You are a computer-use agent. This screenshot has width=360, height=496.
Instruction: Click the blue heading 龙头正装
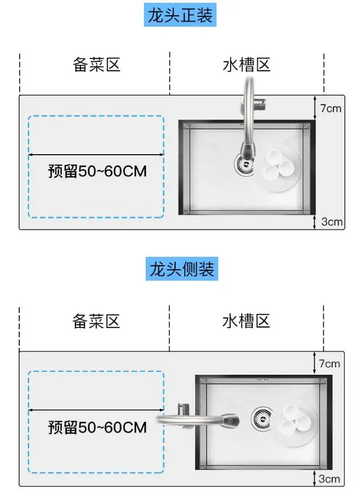(180, 15)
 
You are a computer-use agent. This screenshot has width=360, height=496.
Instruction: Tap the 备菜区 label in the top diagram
(97, 64)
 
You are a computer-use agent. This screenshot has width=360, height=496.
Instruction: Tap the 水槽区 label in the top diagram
(246, 64)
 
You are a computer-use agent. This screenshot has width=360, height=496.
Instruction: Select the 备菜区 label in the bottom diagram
(96, 321)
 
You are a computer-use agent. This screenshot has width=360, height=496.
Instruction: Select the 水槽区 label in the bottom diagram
(246, 321)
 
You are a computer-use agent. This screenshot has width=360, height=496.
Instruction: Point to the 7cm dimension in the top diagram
(331, 108)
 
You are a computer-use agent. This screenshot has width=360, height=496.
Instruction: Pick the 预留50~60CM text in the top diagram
(98, 171)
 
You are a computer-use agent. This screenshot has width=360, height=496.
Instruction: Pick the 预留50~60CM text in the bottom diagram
(98, 427)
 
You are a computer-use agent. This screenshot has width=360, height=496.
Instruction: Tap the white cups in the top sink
(278, 164)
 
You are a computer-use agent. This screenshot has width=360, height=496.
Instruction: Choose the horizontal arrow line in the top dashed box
(96, 154)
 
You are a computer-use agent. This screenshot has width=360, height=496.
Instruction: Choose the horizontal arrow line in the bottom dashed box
(96, 409)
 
